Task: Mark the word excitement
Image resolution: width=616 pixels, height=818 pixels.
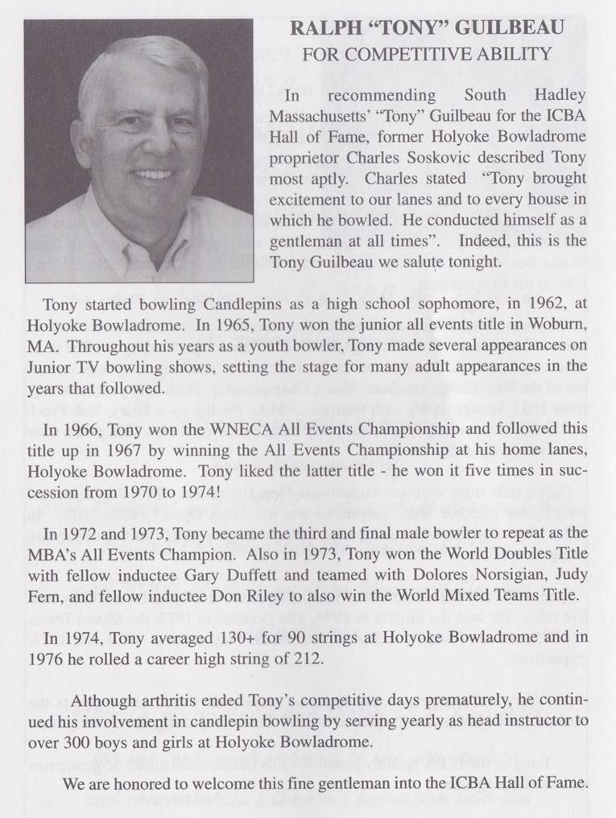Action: pyautogui.click(x=310, y=200)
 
